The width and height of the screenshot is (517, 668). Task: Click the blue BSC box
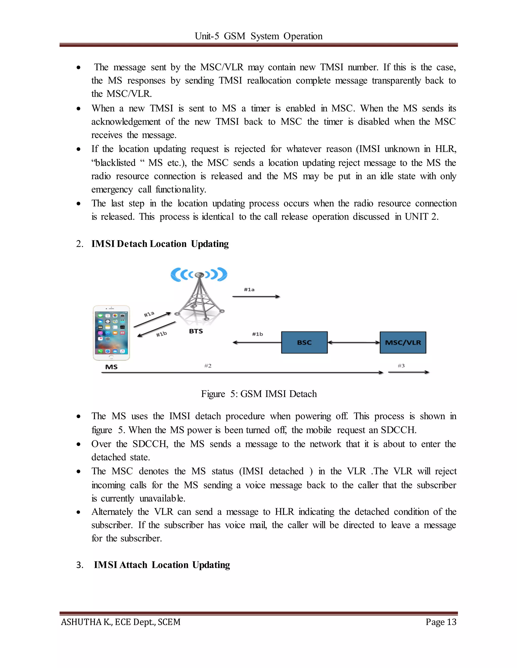tap(304, 342)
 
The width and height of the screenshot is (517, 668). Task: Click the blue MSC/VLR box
tap(403, 342)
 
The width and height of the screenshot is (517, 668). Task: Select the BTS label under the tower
tap(196, 331)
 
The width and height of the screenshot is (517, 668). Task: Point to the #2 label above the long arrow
tap(208, 366)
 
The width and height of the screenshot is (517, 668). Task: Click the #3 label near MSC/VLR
tap(401, 366)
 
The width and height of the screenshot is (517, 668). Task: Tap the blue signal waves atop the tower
tap(199, 274)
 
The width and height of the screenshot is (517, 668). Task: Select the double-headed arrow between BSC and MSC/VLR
tap(353, 343)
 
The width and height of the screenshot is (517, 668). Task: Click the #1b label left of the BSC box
tap(257, 334)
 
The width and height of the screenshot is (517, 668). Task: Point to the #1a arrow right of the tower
tap(256, 296)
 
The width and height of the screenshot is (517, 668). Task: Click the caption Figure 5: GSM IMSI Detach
tap(258, 394)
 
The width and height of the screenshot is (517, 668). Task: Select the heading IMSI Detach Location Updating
tap(160, 244)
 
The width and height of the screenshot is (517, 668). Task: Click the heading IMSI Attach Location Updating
tap(162, 565)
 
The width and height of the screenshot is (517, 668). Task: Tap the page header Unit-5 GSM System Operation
tap(258, 36)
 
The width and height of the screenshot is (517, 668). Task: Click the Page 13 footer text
tap(441, 622)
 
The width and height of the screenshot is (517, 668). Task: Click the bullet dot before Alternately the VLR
tap(79, 512)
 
